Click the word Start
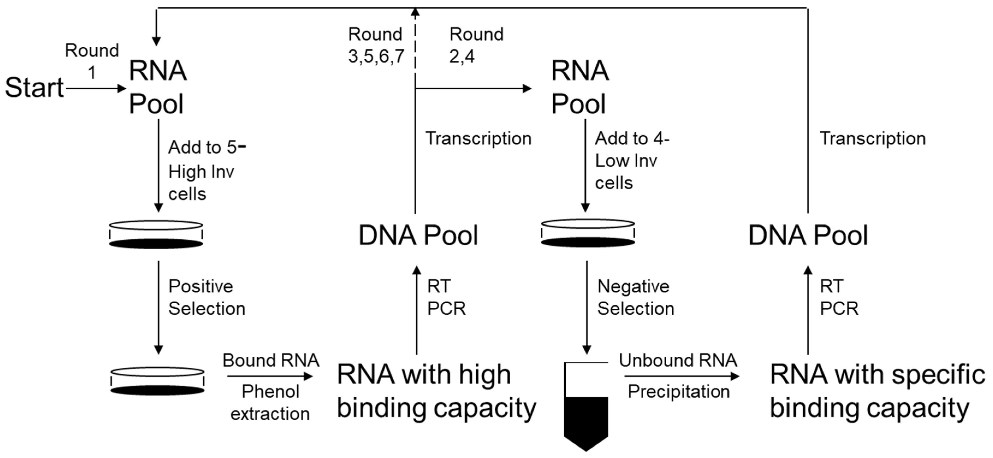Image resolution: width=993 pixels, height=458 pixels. [x=34, y=88]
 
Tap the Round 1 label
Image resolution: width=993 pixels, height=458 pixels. [x=92, y=61]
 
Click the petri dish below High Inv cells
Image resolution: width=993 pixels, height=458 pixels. [x=156, y=234]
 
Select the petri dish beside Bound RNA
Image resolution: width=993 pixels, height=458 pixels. [x=157, y=381]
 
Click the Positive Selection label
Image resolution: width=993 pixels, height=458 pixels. [x=206, y=297]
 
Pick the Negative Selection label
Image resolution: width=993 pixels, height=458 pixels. [x=635, y=297]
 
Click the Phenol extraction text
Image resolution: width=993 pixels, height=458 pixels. [x=270, y=403]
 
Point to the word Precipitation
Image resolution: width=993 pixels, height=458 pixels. [x=679, y=392]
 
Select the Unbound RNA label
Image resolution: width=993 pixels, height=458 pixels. [x=678, y=361]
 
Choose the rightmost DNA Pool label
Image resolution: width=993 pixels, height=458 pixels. [x=808, y=235]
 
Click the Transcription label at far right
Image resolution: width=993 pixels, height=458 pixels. [x=872, y=138]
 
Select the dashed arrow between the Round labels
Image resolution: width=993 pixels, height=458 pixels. [x=415, y=42]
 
